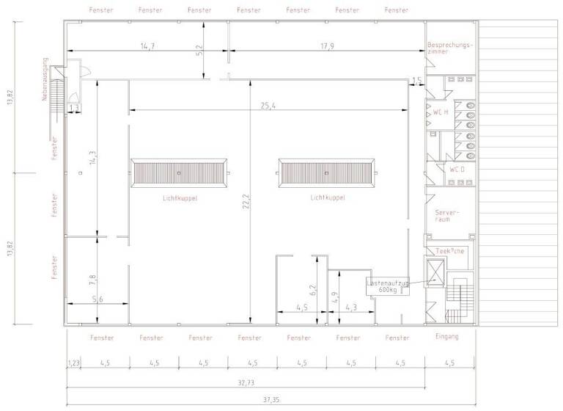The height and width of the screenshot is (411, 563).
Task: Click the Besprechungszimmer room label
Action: point(450,48)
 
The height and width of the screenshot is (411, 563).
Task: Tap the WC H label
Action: point(441,112)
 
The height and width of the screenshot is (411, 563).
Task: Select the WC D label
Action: point(457,169)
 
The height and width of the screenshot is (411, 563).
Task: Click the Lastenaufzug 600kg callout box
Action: point(387,286)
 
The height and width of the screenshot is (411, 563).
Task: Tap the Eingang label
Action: point(446,337)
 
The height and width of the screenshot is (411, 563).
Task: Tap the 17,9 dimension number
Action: point(327,46)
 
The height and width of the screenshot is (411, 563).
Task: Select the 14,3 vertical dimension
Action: point(92,159)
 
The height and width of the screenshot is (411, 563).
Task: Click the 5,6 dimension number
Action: point(97,299)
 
